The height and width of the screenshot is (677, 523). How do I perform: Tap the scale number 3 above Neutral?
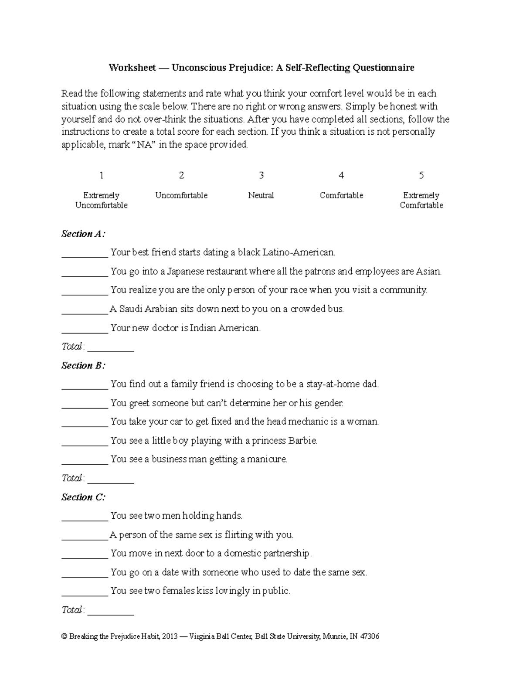(x=261, y=175)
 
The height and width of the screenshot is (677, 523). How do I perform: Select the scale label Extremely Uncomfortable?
(x=101, y=200)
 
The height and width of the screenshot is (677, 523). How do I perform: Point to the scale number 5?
(x=421, y=175)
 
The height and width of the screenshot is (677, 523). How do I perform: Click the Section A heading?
(x=83, y=234)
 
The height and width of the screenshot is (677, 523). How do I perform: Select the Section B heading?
(x=83, y=365)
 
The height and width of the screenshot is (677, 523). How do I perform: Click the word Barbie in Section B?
(x=302, y=440)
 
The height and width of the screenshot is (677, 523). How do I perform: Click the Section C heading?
(x=83, y=497)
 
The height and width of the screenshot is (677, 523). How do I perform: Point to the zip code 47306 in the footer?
(x=370, y=636)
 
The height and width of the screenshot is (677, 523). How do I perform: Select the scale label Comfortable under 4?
(x=341, y=195)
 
